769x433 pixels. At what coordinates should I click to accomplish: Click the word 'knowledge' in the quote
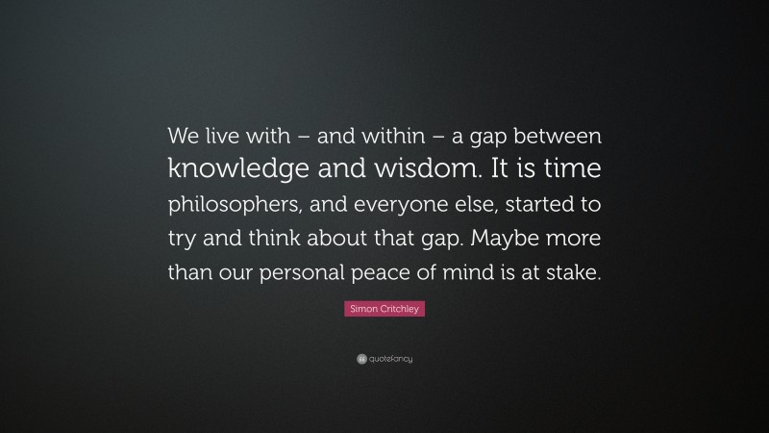229,171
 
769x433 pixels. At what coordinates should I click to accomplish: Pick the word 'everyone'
398,205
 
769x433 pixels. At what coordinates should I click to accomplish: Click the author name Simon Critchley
384,310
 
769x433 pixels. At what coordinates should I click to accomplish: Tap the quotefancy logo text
390,360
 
